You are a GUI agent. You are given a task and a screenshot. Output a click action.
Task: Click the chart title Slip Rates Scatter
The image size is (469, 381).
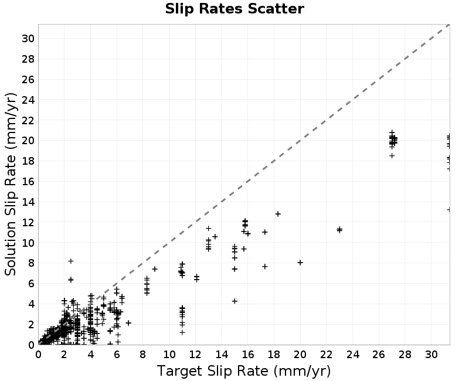point(235,9)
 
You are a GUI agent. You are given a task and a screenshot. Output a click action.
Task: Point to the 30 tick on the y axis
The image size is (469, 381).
point(28,38)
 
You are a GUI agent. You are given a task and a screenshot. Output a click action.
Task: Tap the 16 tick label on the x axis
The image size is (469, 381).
point(247,355)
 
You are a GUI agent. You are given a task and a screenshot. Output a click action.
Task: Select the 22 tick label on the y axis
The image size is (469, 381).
point(28,120)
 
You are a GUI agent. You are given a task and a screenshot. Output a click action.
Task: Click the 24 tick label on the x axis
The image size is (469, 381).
point(352,355)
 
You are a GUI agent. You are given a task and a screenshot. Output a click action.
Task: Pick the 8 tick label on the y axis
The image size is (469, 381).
point(31,263)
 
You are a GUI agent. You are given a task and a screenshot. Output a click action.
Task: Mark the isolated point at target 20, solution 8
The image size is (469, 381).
point(300,263)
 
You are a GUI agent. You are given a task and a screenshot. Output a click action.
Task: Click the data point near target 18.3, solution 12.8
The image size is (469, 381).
point(278,214)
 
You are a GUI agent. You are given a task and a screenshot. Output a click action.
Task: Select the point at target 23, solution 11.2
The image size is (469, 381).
point(339,230)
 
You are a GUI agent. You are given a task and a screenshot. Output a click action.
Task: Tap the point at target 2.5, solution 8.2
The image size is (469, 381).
point(71,261)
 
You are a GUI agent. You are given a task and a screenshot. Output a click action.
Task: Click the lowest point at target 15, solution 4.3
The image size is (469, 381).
point(235,301)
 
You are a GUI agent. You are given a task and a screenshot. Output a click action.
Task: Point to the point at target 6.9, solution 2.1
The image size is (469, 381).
point(128,323)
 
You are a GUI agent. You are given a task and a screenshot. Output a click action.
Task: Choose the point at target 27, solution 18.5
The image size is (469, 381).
point(392,155)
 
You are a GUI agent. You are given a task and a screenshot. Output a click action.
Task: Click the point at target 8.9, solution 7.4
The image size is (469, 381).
point(155,269)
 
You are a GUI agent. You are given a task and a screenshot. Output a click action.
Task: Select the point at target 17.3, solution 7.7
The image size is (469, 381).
point(265,267)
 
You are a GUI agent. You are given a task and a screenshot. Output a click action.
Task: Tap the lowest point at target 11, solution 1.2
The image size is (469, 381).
point(182,332)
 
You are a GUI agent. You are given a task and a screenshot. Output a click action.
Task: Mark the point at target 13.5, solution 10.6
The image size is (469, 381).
point(215,237)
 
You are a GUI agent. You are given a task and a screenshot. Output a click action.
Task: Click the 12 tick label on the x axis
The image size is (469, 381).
point(195,355)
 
